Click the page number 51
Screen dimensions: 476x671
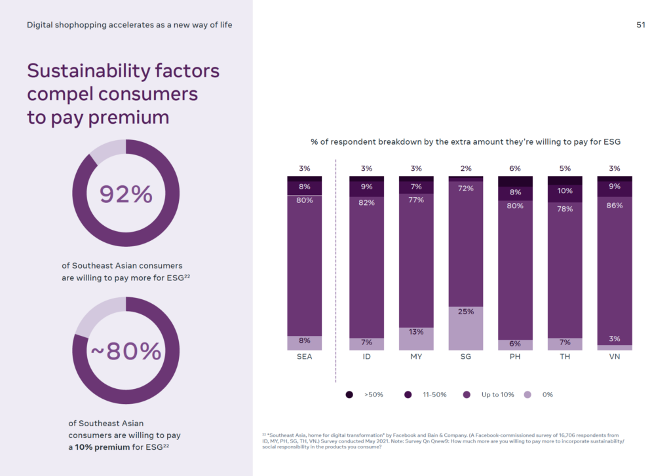pos(641,25)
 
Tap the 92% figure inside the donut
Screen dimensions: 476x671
pos(126,194)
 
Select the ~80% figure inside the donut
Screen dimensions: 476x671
pos(126,352)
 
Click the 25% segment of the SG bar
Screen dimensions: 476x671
pos(466,328)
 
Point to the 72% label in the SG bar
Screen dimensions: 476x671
pos(466,189)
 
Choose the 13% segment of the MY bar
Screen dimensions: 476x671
pos(416,339)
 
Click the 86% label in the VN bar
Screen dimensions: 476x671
pos(615,205)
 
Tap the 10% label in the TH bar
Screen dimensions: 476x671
pos(565,191)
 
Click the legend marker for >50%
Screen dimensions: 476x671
pos(349,395)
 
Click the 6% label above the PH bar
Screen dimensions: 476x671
pos(515,168)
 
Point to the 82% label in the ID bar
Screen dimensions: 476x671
pos(366,202)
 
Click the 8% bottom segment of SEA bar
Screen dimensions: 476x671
pos(304,343)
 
